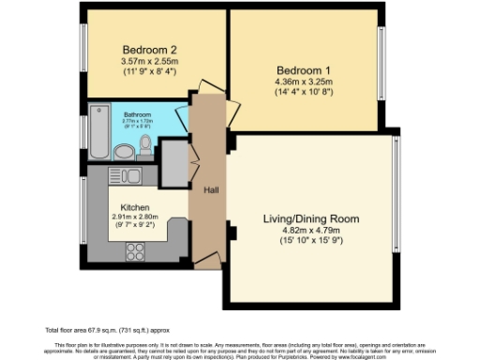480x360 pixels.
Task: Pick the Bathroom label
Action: (x=138, y=115)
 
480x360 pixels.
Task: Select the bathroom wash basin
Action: (x=123, y=151)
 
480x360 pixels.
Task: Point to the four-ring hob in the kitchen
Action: (x=134, y=250)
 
